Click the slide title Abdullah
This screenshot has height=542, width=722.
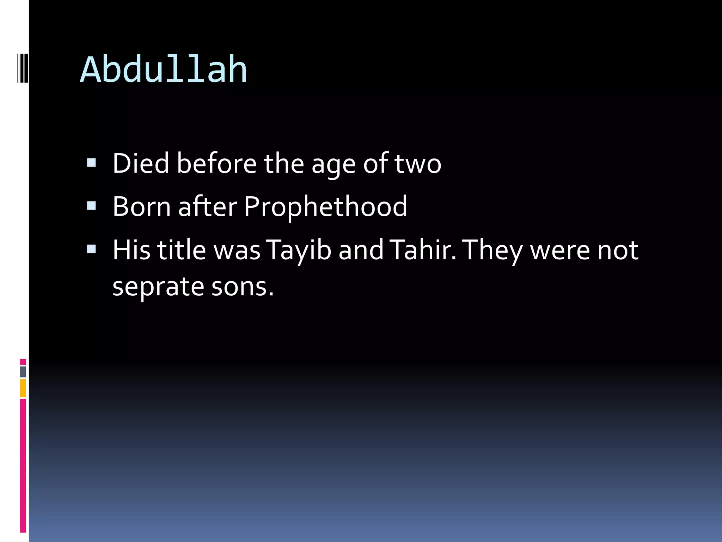point(164,70)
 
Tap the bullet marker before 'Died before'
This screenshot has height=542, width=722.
point(91,163)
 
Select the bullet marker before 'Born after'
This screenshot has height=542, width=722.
point(91,206)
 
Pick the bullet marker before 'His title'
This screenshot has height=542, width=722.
point(91,249)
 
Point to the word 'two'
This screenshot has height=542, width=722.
point(418,164)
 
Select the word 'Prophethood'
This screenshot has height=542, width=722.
point(325,207)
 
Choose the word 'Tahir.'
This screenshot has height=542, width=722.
point(423,250)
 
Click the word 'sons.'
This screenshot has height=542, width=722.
point(243,287)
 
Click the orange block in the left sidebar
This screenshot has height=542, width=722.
point(23,388)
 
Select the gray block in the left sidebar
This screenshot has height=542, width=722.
point(23,372)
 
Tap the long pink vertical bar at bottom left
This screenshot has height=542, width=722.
point(23,466)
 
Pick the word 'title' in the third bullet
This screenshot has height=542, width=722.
point(181,250)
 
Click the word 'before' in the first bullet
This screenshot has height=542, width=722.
point(216,163)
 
